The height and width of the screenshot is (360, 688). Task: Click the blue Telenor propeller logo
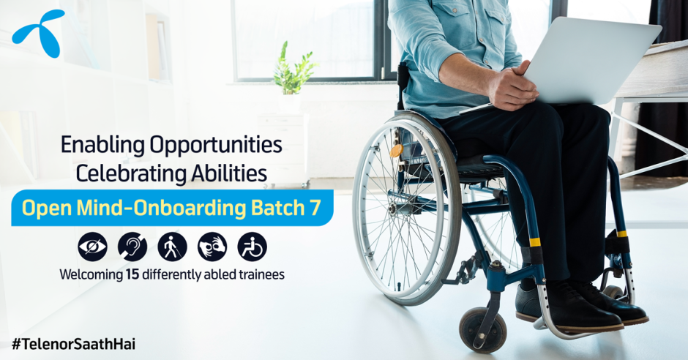click(x=39, y=33)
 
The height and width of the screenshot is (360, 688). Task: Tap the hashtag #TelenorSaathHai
click(x=73, y=344)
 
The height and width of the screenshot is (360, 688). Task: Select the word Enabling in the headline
click(x=102, y=146)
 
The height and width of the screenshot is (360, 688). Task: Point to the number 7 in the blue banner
click(x=315, y=208)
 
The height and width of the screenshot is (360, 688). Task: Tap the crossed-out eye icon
click(x=92, y=247)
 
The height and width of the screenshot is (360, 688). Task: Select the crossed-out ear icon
click(x=132, y=247)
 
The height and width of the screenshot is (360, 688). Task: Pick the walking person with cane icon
click(x=173, y=247)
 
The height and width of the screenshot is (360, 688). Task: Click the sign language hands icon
click(x=212, y=247)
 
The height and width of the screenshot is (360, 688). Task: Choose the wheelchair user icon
click(x=253, y=247)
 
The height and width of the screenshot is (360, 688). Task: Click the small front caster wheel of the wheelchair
click(x=482, y=329)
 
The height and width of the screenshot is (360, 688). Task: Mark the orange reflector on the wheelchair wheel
click(x=396, y=151)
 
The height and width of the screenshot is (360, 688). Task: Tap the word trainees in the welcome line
click(x=261, y=275)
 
